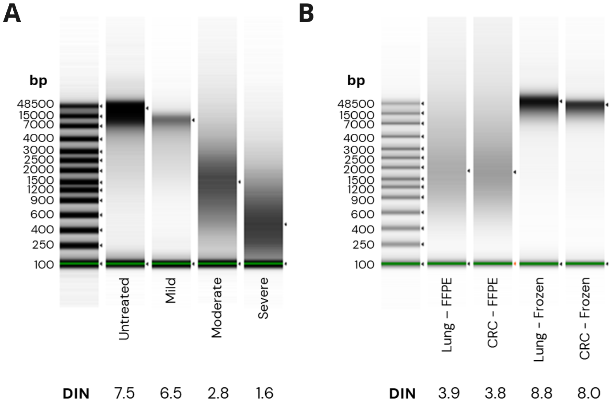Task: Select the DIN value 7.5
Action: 124,392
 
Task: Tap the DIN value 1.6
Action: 264,392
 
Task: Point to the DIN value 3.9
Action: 449,392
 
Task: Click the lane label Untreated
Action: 124,309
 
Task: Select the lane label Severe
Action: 263,298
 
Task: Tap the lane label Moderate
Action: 217,308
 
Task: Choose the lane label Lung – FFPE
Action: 447,314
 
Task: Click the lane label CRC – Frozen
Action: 585,318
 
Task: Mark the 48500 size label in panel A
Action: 35,104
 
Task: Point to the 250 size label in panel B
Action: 363,245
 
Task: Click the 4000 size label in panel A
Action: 38,138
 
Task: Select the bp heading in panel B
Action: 356,80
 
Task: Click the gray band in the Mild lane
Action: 171,119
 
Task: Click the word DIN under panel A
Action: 76,392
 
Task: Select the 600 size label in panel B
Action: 363,214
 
